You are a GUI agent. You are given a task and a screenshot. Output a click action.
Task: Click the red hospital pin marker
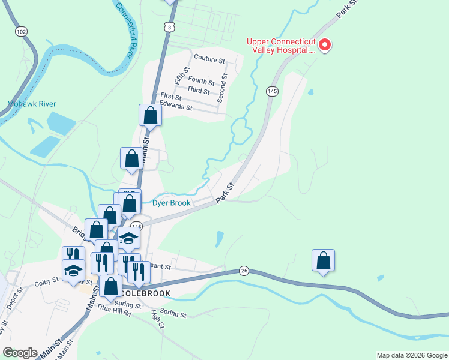click(325, 45)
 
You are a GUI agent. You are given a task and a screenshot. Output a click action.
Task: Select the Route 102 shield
click(22, 31)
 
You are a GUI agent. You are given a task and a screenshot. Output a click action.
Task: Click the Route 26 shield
click(243, 271)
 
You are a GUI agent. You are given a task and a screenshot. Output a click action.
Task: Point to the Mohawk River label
click(32, 104)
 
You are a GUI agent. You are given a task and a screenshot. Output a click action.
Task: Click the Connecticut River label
click(124, 28)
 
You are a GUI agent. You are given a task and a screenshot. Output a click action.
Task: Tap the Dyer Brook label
click(171, 203)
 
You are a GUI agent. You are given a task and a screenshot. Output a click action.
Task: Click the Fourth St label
click(201, 81)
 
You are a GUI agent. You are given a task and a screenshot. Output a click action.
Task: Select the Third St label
click(198, 91)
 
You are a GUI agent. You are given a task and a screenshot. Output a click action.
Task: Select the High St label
click(158, 319)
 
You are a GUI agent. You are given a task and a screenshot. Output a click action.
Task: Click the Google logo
click(20, 352)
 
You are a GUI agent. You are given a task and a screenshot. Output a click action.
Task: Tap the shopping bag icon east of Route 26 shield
click(323, 260)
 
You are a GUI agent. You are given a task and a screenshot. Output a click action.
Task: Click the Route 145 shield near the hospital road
click(273, 91)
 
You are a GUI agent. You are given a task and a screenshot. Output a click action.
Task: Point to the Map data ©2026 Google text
click(411, 355)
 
